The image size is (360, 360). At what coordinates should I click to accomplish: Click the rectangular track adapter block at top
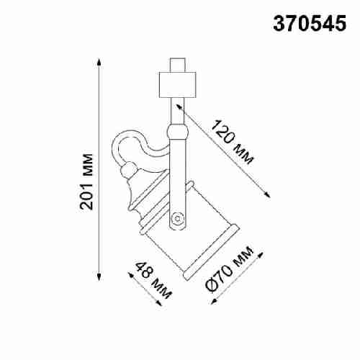[x=176, y=85]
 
